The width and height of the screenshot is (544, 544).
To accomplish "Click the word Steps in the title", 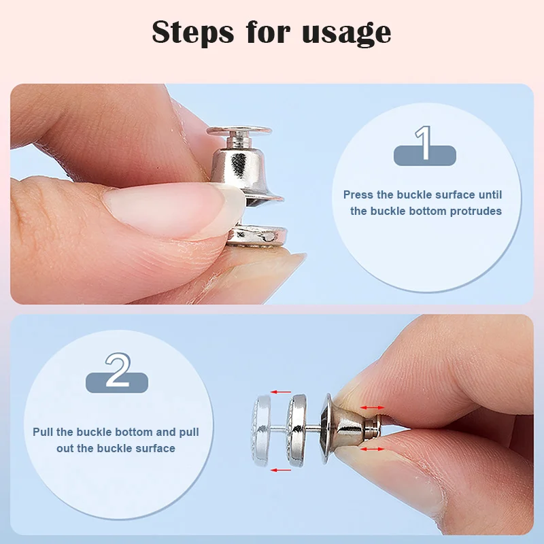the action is (193, 31).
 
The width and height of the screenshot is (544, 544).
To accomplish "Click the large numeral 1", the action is (424, 143).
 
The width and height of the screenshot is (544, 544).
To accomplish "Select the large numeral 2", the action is (118, 370).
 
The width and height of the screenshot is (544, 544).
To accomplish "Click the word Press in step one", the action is (358, 194).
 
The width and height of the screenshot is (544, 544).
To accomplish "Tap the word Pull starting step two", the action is (43, 432).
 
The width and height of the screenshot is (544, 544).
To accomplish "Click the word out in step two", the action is (65, 448).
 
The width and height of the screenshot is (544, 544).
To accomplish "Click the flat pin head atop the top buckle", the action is (239, 131).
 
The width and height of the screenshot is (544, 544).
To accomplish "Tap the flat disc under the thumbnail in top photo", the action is (258, 235).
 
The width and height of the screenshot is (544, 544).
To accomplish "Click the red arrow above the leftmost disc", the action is (281, 392).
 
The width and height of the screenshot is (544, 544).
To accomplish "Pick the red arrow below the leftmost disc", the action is (281, 470).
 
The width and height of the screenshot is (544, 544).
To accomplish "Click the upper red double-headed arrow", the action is (372, 407).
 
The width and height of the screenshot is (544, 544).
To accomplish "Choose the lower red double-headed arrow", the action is (372, 449).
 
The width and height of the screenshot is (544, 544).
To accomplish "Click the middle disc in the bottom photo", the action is (296, 430).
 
